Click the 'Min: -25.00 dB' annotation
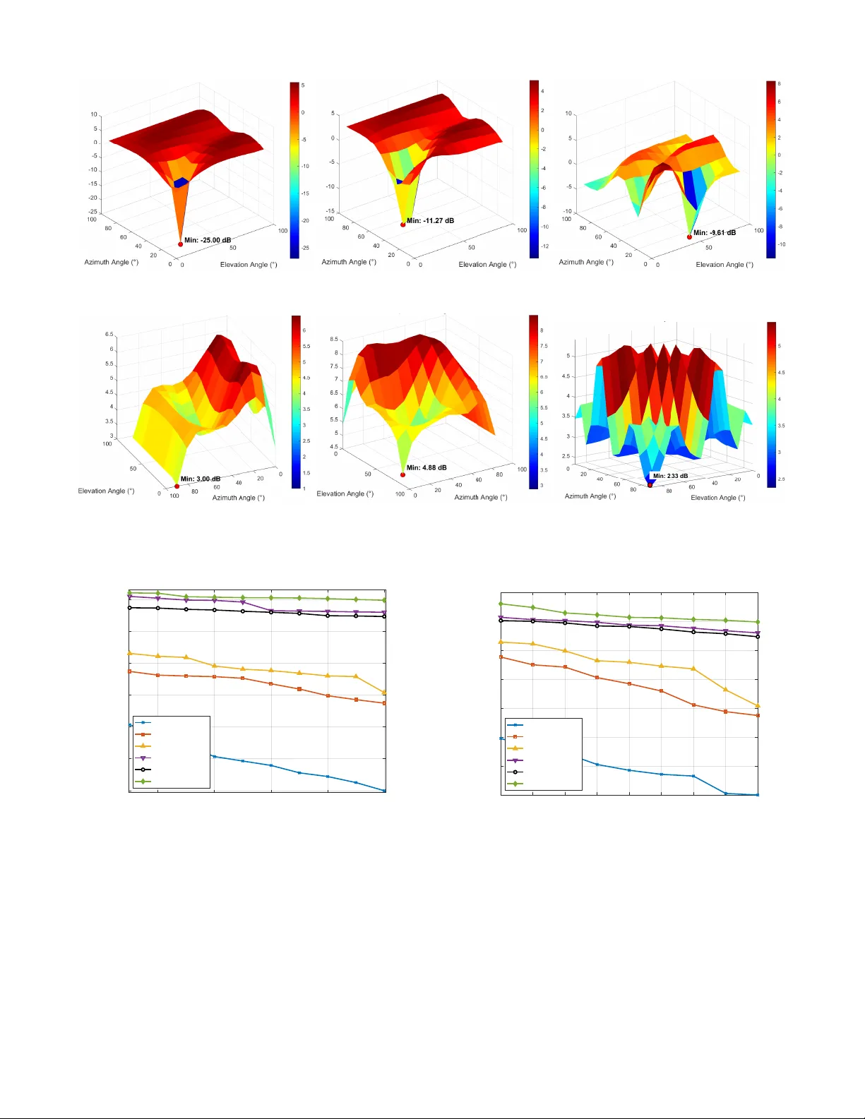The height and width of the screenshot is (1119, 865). pos(208,240)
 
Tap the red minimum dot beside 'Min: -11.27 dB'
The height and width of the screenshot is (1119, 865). pos(403,225)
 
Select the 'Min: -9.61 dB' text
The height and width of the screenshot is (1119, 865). pos(714,232)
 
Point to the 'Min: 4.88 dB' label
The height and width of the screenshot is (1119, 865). pos(426,467)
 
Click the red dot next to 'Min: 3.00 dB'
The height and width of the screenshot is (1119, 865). pos(177,486)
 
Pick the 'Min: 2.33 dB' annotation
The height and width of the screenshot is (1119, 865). pos(670,476)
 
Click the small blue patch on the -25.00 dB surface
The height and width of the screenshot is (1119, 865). pos(181,182)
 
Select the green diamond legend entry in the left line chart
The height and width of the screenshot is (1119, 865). pos(143,782)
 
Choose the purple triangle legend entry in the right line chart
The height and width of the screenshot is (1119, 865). pos(515,760)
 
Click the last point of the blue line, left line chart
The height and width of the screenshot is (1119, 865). pos(385,791)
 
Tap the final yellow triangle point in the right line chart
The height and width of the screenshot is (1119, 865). pos(758,706)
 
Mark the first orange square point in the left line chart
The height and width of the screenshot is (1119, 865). pos(129,671)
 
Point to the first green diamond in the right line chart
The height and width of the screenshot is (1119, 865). pos(501,604)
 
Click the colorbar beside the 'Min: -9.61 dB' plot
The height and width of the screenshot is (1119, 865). pos(771,169)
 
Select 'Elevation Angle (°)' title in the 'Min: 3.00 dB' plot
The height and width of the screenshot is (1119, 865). pos(106,491)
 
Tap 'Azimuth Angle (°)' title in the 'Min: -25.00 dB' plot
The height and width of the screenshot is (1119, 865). pos(111,262)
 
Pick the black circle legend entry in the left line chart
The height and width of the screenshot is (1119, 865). pos(143,770)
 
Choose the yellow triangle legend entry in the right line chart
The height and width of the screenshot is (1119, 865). pos(515,748)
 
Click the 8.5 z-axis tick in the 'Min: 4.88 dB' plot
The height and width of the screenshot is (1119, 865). pos(333,340)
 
